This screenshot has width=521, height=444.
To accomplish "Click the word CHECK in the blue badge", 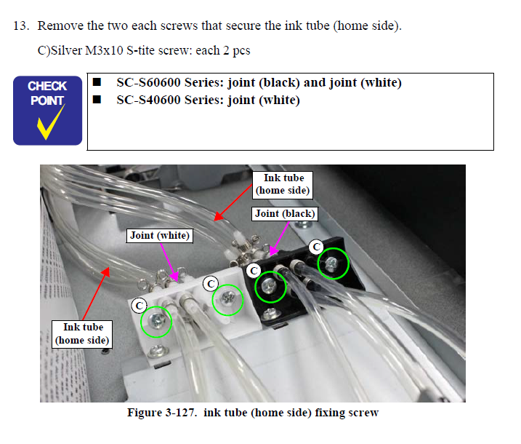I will [47, 87].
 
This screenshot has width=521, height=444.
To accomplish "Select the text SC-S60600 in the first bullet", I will [145, 82].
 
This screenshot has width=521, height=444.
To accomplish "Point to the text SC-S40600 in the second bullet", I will [145, 100].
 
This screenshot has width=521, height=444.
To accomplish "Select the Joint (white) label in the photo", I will [160, 235].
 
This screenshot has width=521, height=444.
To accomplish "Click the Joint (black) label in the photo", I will [285, 213].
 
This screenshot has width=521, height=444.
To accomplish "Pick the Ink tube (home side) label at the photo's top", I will [283, 184].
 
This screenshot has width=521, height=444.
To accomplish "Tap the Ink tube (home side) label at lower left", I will [83, 333].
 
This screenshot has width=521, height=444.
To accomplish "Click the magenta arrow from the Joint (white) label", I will [173, 261].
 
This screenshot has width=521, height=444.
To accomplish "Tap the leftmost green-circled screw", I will [156, 321].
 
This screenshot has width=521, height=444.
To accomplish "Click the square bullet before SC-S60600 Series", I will [97, 82].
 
